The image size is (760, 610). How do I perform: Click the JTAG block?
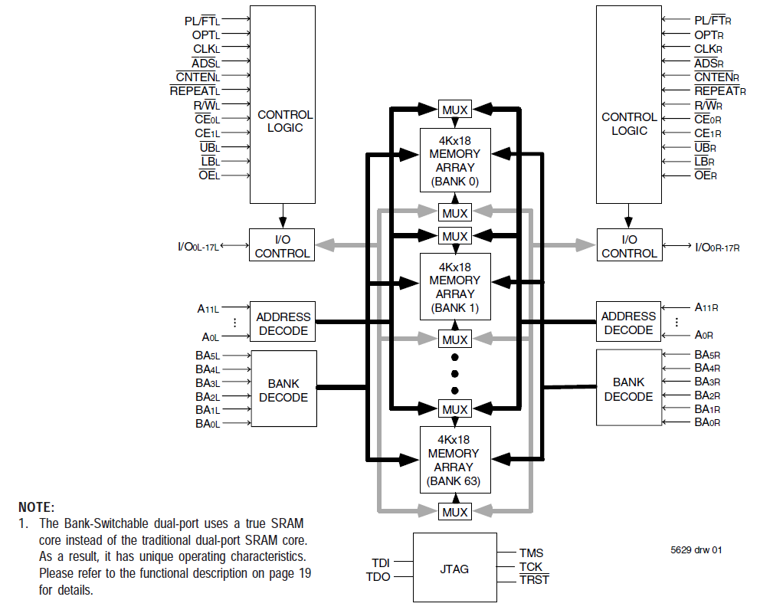[454, 569]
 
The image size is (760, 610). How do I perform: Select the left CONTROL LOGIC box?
[283, 104]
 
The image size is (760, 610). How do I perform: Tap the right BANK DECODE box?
[628, 389]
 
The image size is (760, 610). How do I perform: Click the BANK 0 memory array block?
[454, 160]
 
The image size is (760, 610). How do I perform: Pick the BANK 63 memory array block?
[454, 460]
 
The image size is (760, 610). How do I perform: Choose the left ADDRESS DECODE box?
[283, 323]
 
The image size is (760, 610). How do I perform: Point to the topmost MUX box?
[454, 110]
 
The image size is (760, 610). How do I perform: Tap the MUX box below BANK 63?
[454, 511]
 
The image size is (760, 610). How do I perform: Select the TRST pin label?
[534, 580]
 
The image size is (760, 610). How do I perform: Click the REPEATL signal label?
[195, 90]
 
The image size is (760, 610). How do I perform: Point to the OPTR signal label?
[709, 34]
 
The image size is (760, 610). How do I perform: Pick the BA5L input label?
[207, 356]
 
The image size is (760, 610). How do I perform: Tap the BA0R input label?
[707, 422]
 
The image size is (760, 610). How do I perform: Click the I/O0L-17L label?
[198, 246]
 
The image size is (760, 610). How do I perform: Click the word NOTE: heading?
[37, 507]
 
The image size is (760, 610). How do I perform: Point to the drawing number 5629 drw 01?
[696, 549]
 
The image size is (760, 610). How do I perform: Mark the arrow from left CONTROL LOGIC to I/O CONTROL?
[283, 215]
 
